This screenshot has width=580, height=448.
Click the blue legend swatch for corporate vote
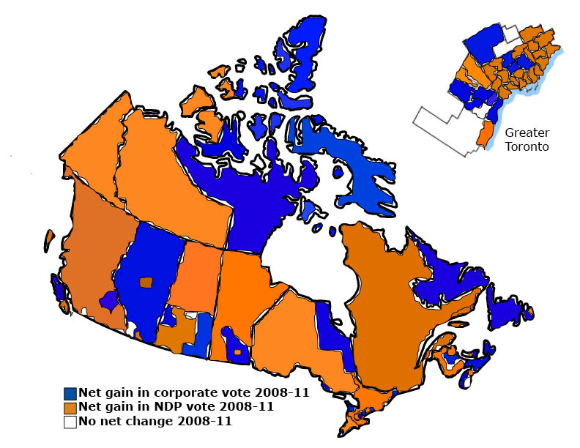pyautogui.click(x=70, y=393)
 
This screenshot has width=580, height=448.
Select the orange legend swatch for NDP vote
pyautogui.click(x=70, y=407)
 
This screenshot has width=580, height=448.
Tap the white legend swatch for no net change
pyautogui.click(x=70, y=422)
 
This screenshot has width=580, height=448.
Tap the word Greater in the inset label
pyautogui.click(x=526, y=132)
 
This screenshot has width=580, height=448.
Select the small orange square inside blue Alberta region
pyautogui.click(x=147, y=282)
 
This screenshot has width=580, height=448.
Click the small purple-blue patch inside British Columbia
pyautogui.click(x=108, y=300)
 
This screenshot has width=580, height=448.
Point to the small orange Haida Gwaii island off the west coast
pyautogui.click(x=48, y=239)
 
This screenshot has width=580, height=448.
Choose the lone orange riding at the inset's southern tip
pyautogui.click(x=483, y=134)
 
